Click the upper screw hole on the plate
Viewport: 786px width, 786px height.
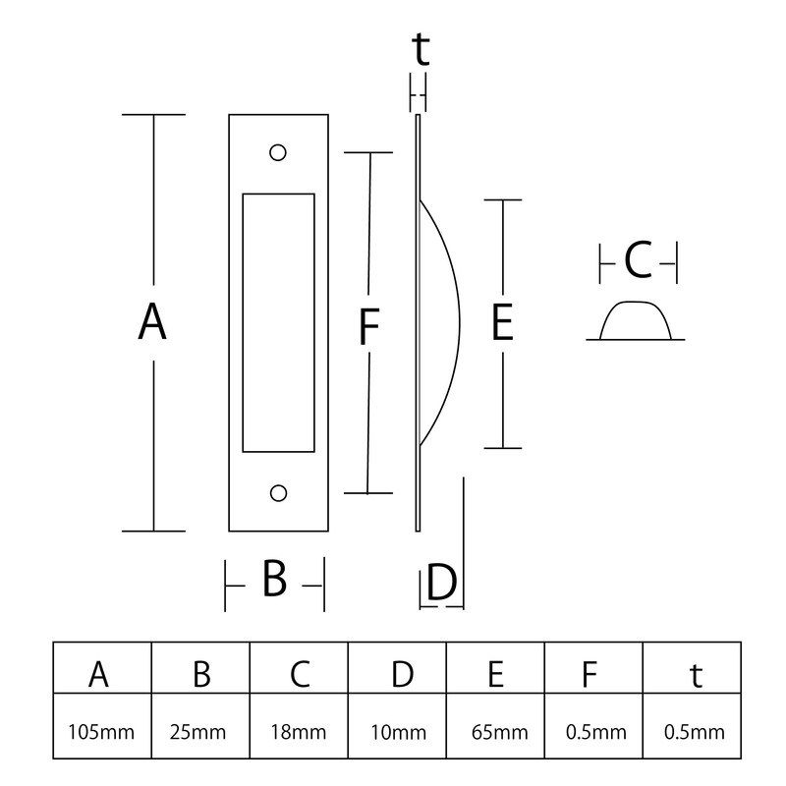[278, 153]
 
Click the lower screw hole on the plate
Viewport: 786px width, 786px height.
[278, 491]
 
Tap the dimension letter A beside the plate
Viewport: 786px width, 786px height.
[151, 322]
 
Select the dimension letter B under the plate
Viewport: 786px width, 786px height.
[274, 579]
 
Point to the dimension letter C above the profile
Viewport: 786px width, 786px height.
[638, 262]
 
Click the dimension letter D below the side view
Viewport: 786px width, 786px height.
[441, 583]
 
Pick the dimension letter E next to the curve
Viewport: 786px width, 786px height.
[502, 323]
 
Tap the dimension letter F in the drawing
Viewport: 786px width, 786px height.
[367, 327]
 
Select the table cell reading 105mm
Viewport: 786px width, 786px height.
[102, 731]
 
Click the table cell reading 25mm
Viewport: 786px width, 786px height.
[200, 731]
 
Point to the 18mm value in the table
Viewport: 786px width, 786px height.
[299, 731]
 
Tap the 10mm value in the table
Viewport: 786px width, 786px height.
[397, 731]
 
